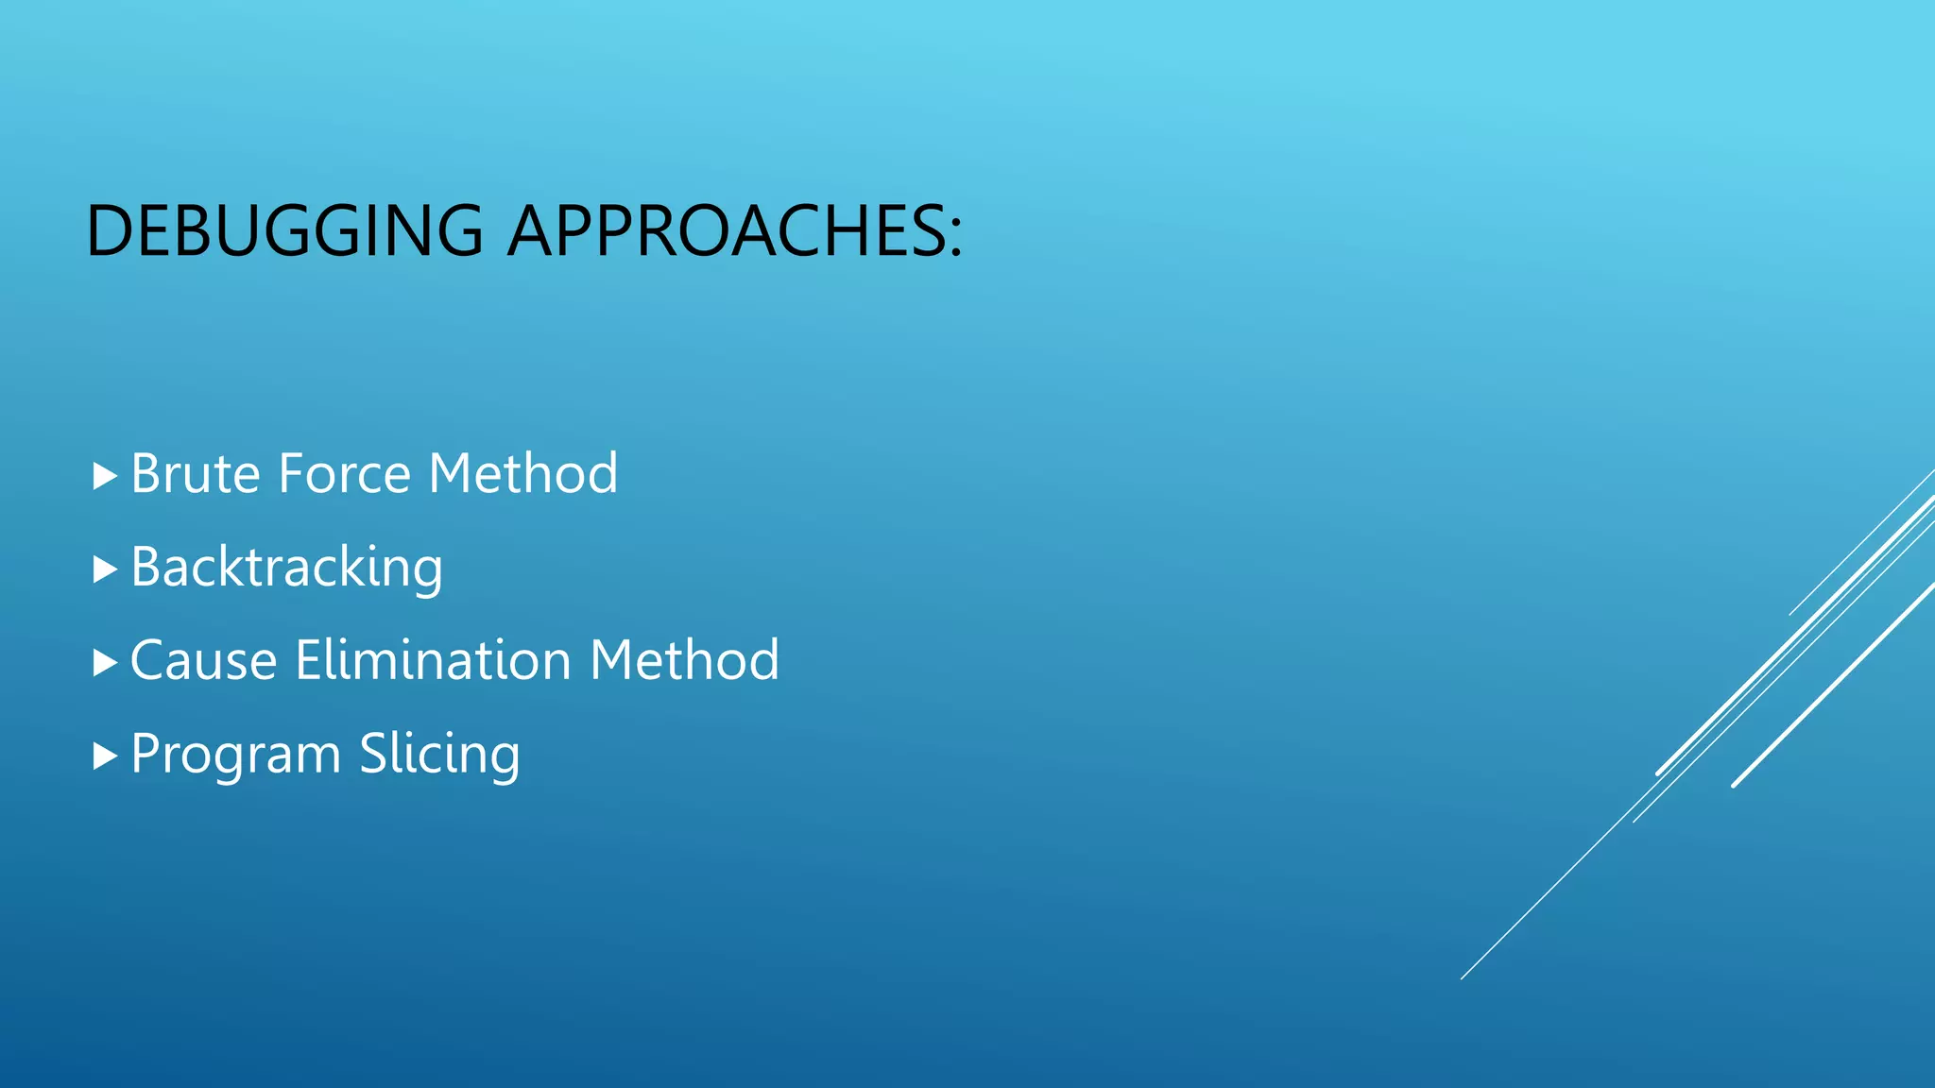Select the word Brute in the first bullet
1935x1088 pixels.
[195, 473]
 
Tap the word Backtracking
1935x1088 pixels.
[286, 567]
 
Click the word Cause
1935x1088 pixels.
[203, 660]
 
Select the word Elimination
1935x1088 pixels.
[433, 660]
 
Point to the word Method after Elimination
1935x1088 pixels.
[684, 660]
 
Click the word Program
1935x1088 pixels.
[235, 755]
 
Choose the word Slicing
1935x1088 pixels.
[439, 755]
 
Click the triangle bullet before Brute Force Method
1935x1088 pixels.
[105, 476]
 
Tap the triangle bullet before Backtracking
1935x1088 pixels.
[105, 569]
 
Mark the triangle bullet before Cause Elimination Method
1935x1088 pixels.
[105, 663]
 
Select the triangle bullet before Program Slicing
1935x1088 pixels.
[105, 756]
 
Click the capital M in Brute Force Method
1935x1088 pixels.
[451, 473]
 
